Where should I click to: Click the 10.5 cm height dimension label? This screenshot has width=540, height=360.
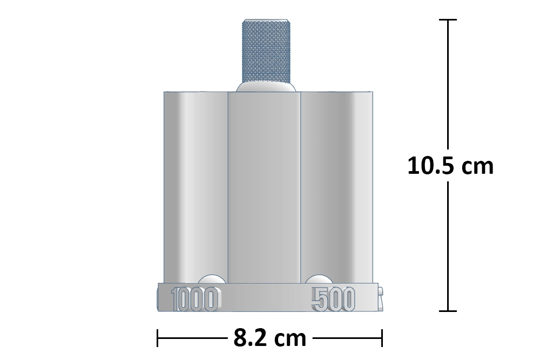[450, 166]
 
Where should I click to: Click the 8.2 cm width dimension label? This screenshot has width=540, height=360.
[269, 338]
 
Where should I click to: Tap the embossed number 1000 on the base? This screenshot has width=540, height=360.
[194, 298]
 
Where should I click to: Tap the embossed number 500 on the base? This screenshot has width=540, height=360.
[333, 298]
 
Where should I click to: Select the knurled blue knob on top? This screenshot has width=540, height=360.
[266, 52]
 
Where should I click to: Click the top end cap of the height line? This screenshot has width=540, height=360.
[448, 19]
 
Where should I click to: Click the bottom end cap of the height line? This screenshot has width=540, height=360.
[448, 311]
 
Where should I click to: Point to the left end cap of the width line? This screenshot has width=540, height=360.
[157, 338]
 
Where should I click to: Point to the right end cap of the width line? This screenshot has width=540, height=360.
[382, 338]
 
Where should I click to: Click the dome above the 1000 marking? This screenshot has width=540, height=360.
[212, 279]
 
